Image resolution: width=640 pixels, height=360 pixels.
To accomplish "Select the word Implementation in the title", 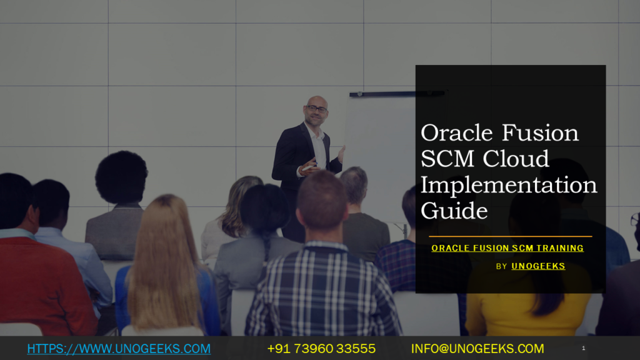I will point(509,186).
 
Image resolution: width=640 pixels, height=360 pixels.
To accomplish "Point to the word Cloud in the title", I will point(516,159).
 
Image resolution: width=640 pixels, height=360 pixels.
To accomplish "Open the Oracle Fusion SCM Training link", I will point(507,248).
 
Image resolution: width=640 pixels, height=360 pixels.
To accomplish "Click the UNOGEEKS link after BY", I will point(538,266).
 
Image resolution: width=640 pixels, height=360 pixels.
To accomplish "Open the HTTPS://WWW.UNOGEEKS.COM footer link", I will point(119,349).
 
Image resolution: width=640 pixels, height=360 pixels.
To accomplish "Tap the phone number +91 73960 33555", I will point(321,349).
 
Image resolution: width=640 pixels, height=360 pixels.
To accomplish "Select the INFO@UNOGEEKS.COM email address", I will point(477,349).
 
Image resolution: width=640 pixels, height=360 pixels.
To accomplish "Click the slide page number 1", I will point(583,348).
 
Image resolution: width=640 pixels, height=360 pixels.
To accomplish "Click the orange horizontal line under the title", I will point(510,236).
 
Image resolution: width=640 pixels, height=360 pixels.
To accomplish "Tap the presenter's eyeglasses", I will point(317,109).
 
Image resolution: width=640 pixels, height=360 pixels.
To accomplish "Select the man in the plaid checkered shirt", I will point(322,294).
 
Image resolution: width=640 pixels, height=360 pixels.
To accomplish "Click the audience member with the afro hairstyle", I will point(121,178).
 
